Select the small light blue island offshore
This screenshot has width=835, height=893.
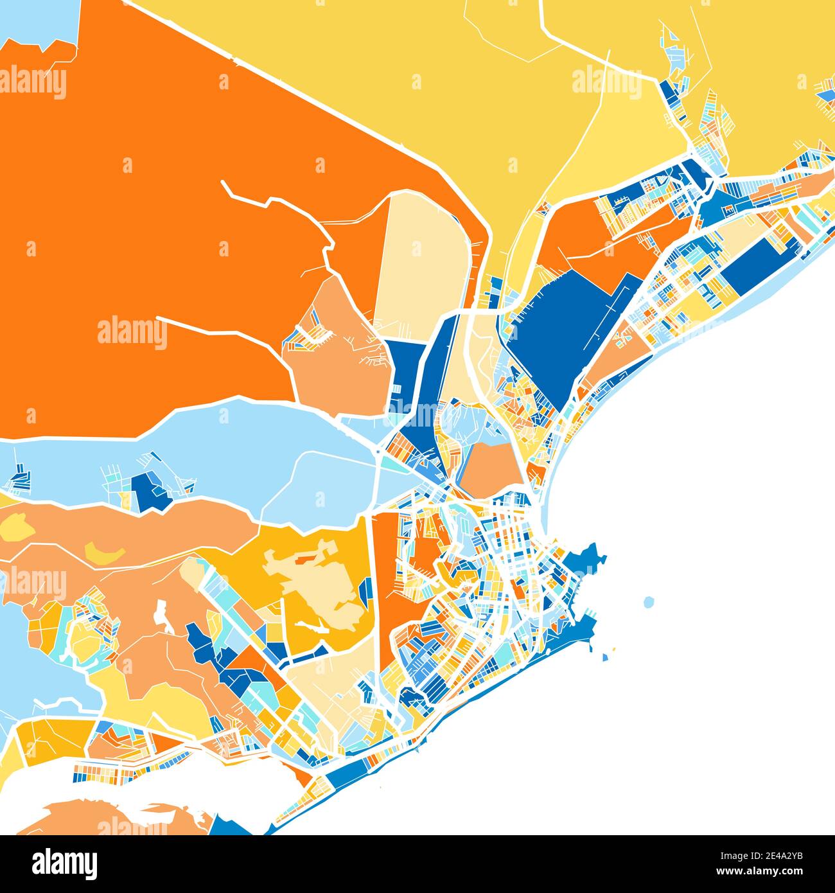coord(649,602)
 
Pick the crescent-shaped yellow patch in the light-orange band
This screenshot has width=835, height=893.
coord(103,551)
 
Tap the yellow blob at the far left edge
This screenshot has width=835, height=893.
coord(18,527)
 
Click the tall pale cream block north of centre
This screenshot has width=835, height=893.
coord(421,263)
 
